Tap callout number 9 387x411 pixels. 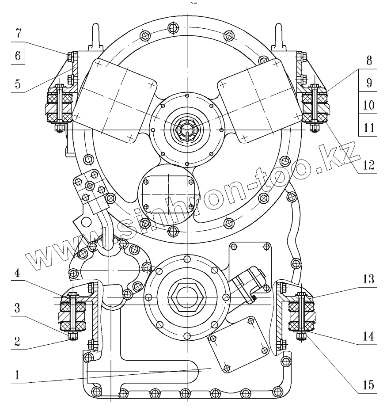369,83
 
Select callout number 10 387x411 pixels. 369,106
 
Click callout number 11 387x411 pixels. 369,128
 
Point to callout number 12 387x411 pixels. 369,164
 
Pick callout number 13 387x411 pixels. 369,280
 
